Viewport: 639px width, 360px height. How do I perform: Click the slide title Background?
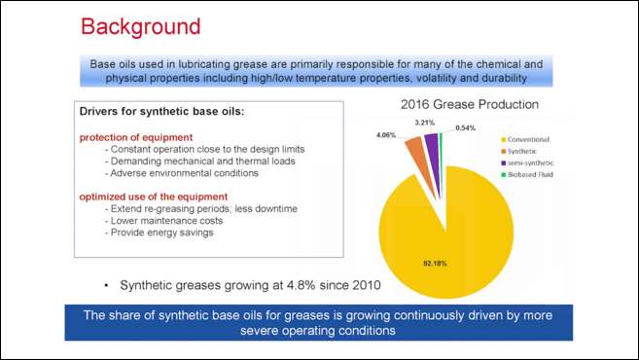(140, 25)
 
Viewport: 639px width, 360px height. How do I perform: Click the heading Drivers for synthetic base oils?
(161, 112)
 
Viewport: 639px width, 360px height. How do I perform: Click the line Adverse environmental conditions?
(184, 173)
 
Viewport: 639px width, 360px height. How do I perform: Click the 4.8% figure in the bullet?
(281, 285)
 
